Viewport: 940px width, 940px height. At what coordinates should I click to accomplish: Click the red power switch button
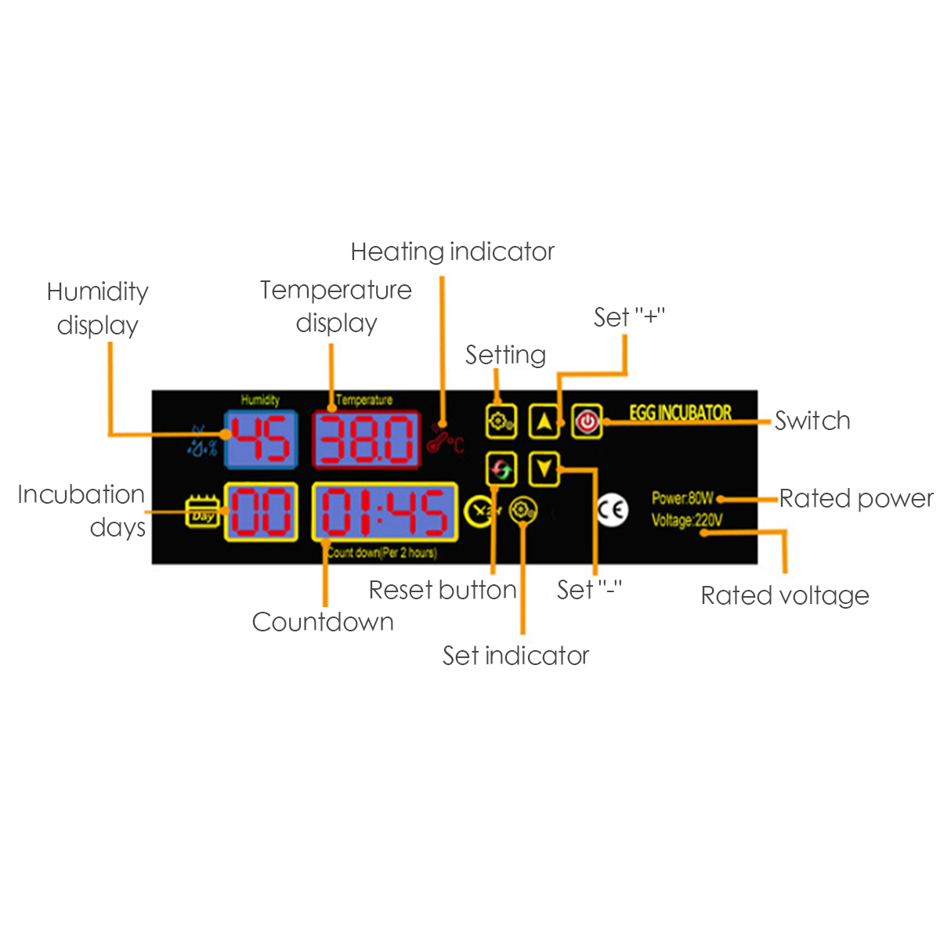click(587, 421)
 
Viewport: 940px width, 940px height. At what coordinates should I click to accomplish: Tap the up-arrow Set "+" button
click(544, 421)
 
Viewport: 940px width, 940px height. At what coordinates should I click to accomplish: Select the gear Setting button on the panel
click(501, 421)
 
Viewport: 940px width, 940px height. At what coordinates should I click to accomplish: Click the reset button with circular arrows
click(501, 469)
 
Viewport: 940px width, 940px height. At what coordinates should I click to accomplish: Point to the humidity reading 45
click(261, 439)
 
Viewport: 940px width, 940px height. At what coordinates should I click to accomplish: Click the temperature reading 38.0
click(367, 439)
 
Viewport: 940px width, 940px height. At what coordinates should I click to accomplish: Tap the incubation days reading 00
click(261, 512)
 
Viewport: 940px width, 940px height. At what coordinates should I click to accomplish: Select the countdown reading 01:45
click(385, 512)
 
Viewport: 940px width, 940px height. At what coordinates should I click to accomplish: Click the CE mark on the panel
click(612, 510)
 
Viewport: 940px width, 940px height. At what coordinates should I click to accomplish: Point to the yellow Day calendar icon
click(202, 512)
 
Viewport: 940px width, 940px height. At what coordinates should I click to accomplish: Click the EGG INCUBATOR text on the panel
click(680, 413)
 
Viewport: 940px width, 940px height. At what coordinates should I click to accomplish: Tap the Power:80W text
click(682, 498)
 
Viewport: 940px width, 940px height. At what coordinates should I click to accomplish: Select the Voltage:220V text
click(686, 519)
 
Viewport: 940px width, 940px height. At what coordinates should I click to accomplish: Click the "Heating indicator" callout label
click(452, 251)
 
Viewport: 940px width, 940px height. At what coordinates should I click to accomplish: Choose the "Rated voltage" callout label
click(785, 595)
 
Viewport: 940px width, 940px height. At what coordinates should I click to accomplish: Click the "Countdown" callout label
click(323, 622)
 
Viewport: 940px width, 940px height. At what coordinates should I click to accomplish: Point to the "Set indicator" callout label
click(515, 656)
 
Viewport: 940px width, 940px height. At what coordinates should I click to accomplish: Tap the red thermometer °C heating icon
click(445, 442)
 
